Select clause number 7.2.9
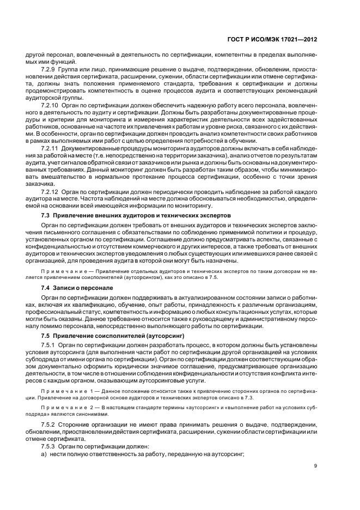(49, 69)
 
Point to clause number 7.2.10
(51, 104)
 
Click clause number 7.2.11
(51, 148)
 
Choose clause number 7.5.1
(49, 340)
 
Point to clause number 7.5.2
(49, 423)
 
